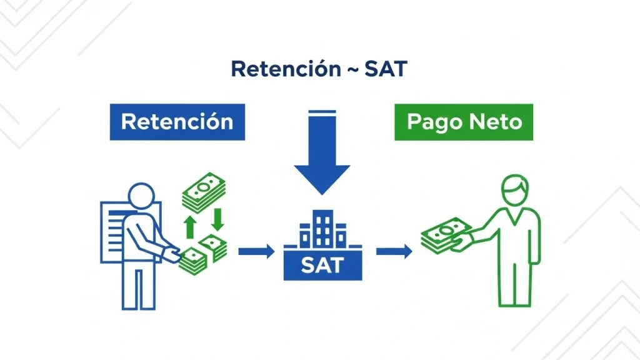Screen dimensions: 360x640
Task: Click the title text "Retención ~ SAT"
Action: pos(319,69)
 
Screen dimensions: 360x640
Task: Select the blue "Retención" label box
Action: pos(177,121)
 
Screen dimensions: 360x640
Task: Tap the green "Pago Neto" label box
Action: pos(464,121)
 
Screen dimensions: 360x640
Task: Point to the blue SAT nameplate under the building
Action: pos(322,265)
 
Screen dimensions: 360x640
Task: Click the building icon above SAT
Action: pos(322,228)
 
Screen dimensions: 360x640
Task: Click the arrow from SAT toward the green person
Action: pos(394,252)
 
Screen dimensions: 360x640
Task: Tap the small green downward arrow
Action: pos(217,219)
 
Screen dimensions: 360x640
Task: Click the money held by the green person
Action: pos(445,236)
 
